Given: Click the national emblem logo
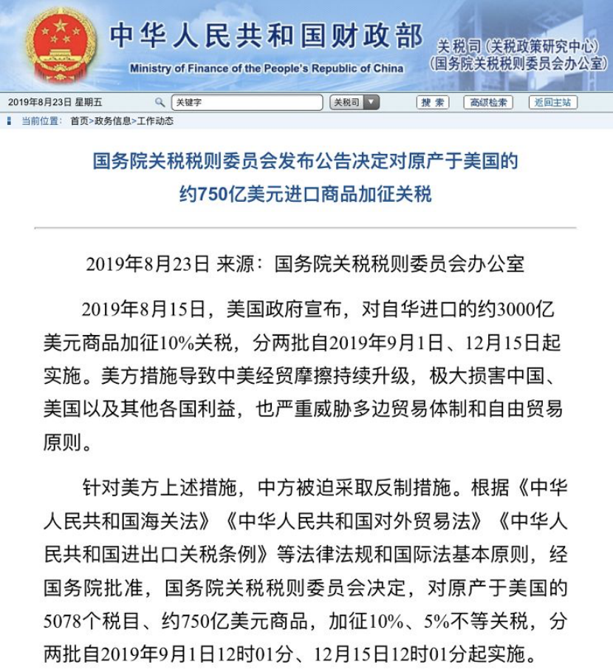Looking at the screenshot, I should pos(61,44).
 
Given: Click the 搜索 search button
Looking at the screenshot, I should pos(433,103).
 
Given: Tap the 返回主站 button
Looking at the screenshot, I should pos(552,103).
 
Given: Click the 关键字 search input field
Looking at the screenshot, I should pos(247,103).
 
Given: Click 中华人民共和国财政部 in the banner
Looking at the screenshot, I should pos(266,35).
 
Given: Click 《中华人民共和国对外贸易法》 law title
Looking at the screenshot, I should pos(357,521).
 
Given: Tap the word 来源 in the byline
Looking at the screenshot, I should pos(235,264).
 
